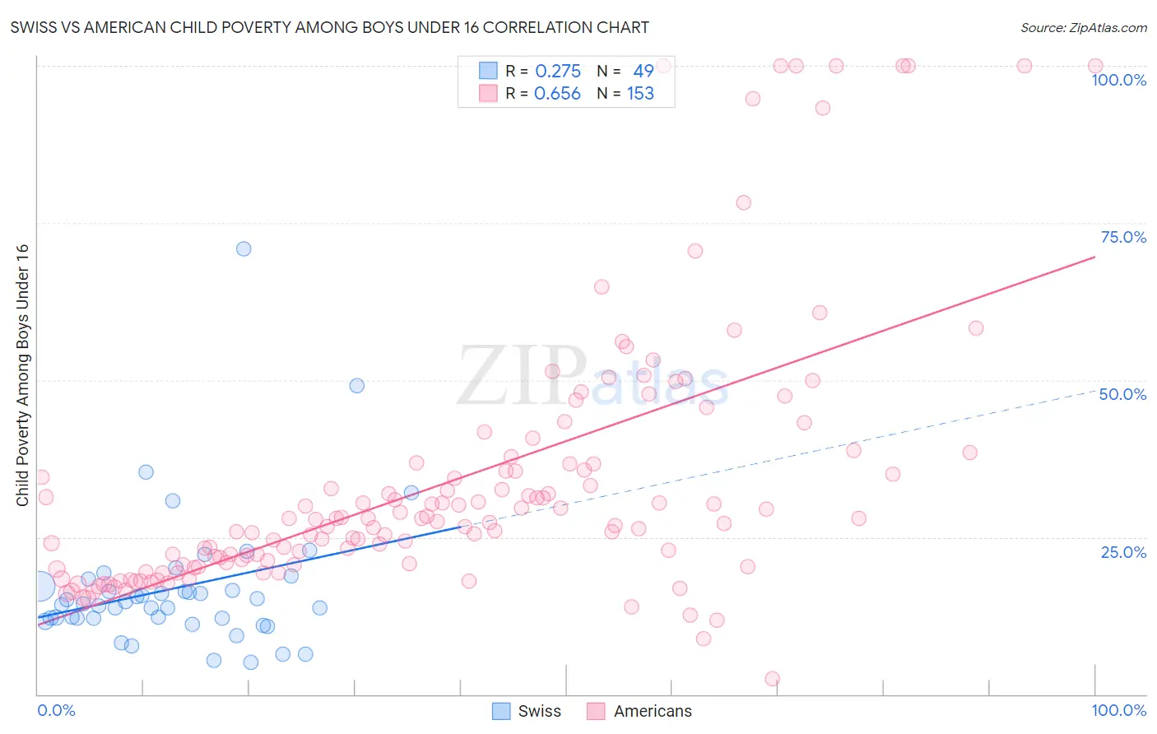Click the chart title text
pyautogui.click(x=329, y=27)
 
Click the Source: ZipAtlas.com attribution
pyautogui.click(x=1083, y=27)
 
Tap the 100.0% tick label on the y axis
pyautogui.click(x=1118, y=80)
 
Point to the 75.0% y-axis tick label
pyautogui.click(x=1123, y=237)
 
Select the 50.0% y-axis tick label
pyautogui.click(x=1122, y=394)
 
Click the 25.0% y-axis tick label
pyautogui.click(x=1123, y=551)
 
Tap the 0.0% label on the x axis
pyautogui.click(x=56, y=710)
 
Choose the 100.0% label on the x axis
pyautogui.click(x=1118, y=710)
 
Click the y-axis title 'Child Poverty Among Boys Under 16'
pyautogui.click(x=22, y=375)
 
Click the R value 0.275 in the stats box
pyautogui.click(x=558, y=72)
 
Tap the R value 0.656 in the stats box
pyautogui.click(x=557, y=94)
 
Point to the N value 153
pyautogui.click(x=640, y=94)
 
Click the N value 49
pyautogui.click(x=644, y=72)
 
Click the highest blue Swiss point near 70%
pyautogui.click(x=244, y=249)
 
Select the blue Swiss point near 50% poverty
pyautogui.click(x=356, y=385)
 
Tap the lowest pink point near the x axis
pyautogui.click(x=772, y=679)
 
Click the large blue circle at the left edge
pyautogui.click(x=39, y=586)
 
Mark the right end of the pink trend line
pyautogui.click(x=1094, y=258)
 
